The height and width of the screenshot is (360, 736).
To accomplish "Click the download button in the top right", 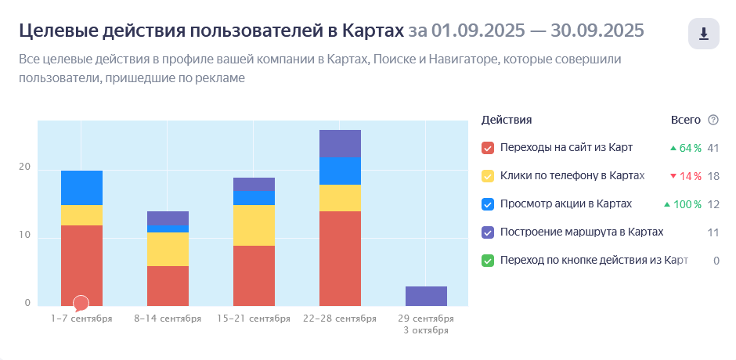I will point(703,34).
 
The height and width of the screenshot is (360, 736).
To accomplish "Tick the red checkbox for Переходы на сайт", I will point(488,148).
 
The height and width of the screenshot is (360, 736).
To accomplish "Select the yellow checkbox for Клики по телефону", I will point(488,176).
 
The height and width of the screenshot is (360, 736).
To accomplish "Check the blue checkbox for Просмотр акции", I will point(488,204).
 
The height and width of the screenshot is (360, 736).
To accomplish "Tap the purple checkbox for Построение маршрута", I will point(488,232).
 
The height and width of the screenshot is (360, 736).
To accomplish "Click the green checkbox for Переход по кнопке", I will point(488,261).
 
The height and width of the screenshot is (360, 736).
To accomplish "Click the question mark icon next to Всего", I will point(713,120).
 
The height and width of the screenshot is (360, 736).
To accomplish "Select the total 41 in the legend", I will point(713,148).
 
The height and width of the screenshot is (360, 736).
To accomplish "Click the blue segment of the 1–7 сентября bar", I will point(81,188).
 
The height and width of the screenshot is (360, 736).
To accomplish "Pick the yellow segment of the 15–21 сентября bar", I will point(254,225).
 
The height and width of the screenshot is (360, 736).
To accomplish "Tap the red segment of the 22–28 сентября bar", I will point(341,258).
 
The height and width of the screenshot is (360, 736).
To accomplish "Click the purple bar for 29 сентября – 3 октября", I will point(427,296).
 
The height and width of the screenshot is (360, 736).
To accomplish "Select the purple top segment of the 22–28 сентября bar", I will point(341,144).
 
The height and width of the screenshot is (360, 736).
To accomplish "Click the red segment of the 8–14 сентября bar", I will point(168,286).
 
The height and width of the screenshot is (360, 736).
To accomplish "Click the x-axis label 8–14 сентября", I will point(168,319).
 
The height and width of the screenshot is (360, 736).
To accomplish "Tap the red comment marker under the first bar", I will point(81,302).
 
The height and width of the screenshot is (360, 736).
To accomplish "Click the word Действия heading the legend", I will point(507,120).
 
